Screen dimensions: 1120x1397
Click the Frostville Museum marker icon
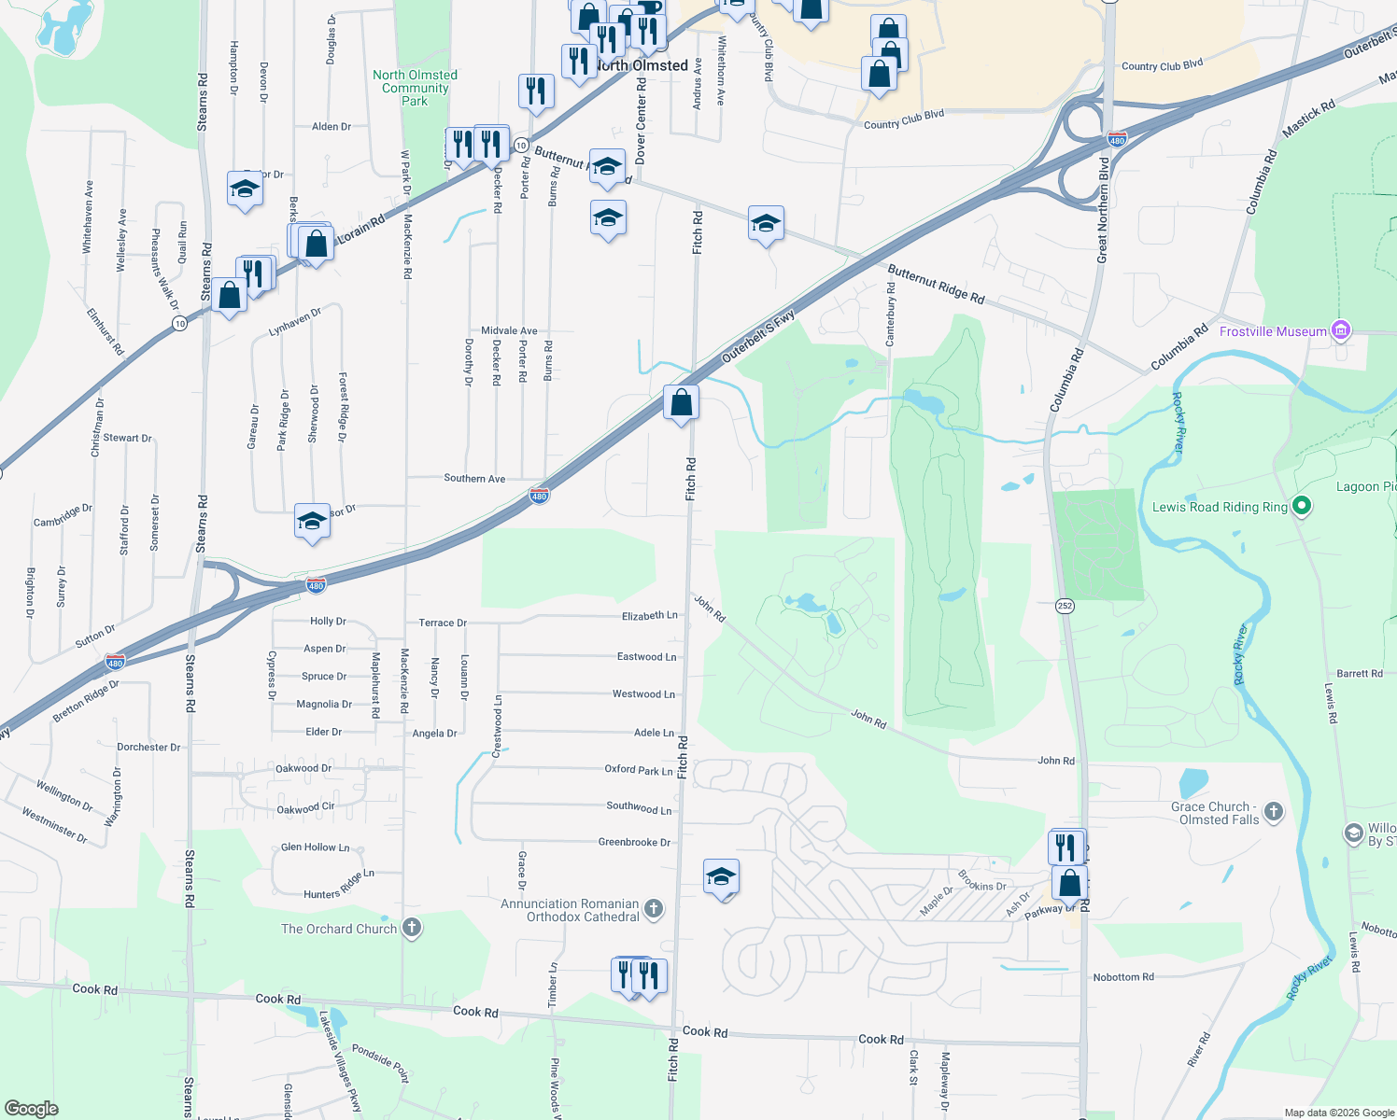click(x=1341, y=330)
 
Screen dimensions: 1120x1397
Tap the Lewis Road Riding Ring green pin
click(x=1301, y=506)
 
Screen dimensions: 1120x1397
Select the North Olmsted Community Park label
click(x=415, y=88)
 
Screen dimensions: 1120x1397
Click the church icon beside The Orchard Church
click(x=412, y=928)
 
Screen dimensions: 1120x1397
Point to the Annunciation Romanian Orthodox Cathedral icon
click(x=654, y=908)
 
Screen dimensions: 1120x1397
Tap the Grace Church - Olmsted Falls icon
click(x=1274, y=812)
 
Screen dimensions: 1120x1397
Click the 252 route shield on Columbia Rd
click(x=1065, y=606)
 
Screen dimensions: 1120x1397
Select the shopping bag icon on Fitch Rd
click(x=682, y=403)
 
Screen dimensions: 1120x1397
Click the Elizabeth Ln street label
click(x=649, y=616)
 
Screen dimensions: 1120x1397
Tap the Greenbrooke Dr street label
click(x=634, y=842)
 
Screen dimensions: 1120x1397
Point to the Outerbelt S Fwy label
click(x=758, y=336)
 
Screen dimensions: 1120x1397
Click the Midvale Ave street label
click(x=509, y=330)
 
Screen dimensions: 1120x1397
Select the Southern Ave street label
click(x=474, y=478)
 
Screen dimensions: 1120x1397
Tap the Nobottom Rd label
click(x=1123, y=977)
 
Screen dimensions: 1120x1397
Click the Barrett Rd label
click(x=1359, y=673)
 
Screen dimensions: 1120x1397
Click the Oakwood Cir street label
click(x=305, y=808)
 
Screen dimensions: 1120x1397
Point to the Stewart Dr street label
click(x=127, y=438)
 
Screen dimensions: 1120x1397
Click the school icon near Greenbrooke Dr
click(x=721, y=876)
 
